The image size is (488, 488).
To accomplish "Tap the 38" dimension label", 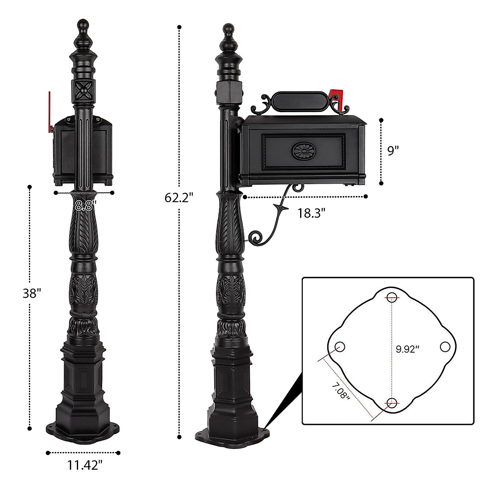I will point(32,293).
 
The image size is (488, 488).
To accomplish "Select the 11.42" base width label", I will point(84,466).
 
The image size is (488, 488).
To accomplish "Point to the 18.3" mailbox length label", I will point(312,212).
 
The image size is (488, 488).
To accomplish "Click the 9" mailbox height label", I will point(391,151).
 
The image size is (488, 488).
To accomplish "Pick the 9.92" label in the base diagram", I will point(407,349).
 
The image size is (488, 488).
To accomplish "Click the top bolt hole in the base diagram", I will point(392,297).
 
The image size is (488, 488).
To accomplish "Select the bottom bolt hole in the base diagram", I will point(392,403).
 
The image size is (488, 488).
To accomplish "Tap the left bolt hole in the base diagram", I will point(340,346).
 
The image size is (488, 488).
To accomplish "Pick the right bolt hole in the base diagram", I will point(445,346).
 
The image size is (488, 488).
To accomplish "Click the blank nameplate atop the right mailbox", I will point(300,100).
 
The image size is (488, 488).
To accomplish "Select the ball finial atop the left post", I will point(83,23).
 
